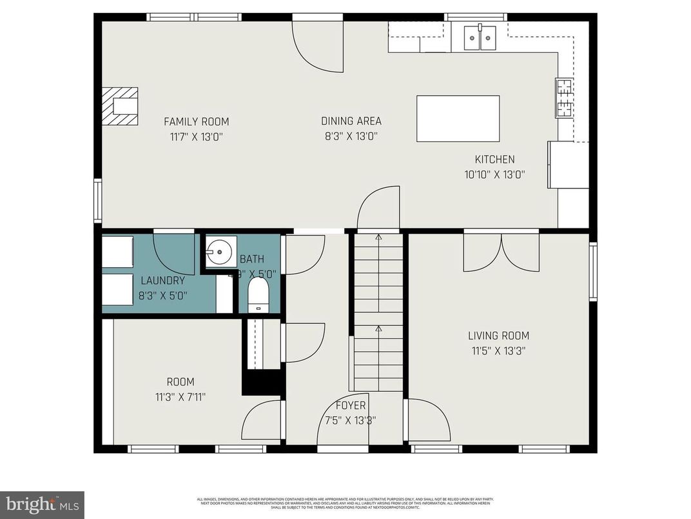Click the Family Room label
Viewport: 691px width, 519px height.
pos(196,121)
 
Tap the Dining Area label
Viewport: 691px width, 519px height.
pos(351,121)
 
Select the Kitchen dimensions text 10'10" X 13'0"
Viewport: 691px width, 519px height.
pos(495,174)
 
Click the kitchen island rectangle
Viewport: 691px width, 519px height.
pos(458,119)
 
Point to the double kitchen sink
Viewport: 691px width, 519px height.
pos(480,37)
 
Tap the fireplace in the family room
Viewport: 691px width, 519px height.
pos(121,105)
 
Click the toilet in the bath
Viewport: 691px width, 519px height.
pos(258,294)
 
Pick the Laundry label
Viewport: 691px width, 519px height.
pos(162,281)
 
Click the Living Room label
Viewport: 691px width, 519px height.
pos(498,336)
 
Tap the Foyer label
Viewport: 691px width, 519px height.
pos(351,405)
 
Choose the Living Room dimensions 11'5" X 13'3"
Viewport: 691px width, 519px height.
pos(498,351)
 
